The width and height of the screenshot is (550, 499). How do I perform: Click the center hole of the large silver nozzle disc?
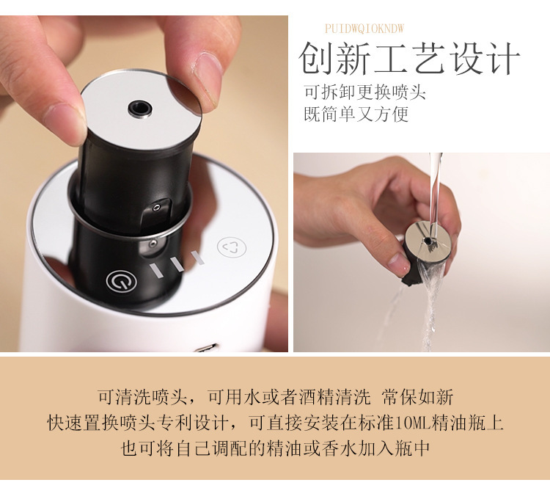click(x=139, y=109)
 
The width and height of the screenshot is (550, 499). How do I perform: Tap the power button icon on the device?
click(x=119, y=280)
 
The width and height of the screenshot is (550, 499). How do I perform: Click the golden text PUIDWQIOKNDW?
click(x=364, y=29)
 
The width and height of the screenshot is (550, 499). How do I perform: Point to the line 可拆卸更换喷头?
click(x=364, y=93)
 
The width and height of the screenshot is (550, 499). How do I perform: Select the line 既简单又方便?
click(x=356, y=114)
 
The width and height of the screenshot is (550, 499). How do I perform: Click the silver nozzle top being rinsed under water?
click(x=428, y=236)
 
